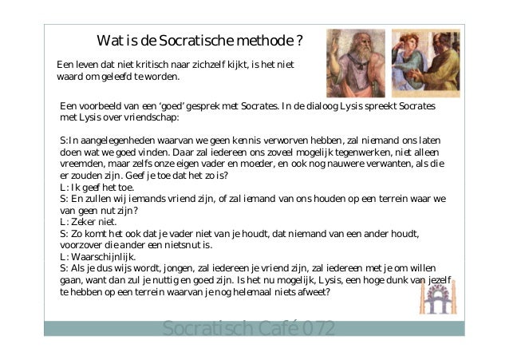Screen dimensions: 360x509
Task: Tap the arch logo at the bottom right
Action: click(437, 299)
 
